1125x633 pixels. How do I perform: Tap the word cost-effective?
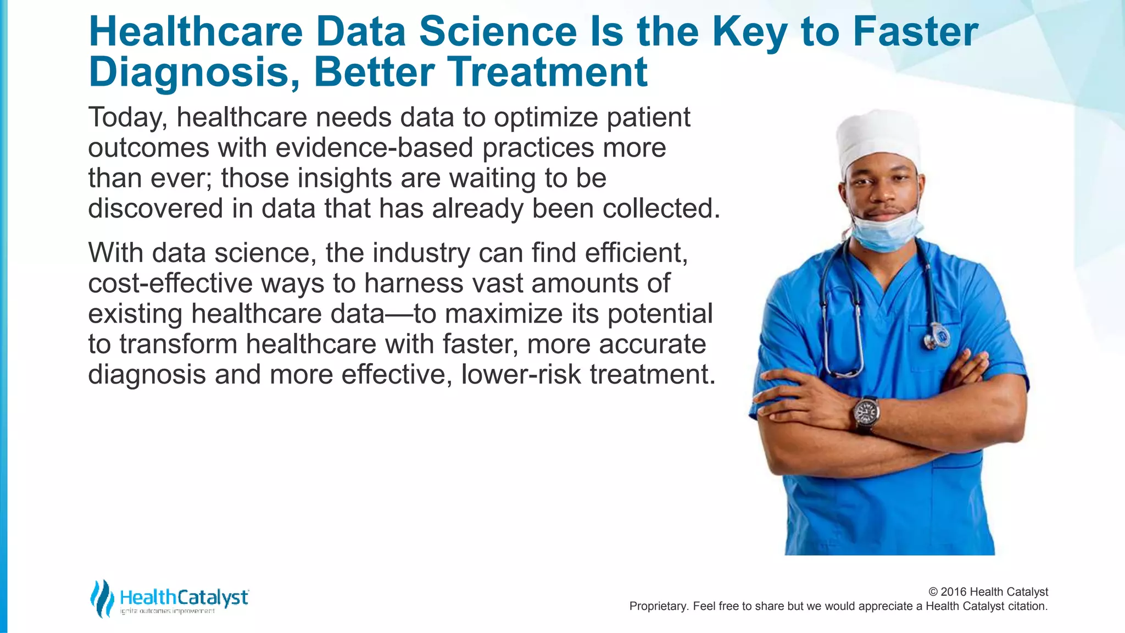point(170,284)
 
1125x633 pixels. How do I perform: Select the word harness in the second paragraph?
point(411,284)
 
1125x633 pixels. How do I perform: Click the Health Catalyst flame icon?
point(102,598)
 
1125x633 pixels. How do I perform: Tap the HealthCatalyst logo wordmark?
point(184,597)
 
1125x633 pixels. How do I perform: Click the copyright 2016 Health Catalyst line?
point(988,592)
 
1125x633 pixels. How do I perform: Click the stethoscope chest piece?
point(938,336)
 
